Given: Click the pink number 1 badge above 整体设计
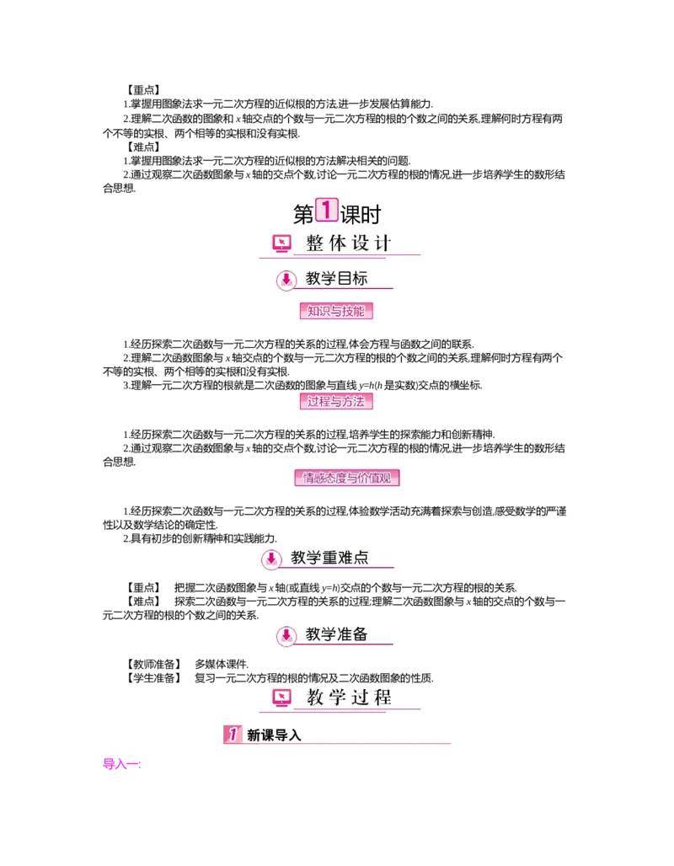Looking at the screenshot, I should pyautogui.click(x=326, y=211).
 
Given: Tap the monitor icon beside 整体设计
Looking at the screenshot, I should pyautogui.click(x=281, y=243).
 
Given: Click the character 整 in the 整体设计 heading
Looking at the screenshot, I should pyautogui.click(x=315, y=243).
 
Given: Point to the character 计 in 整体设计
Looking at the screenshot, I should pyautogui.click(x=382, y=243).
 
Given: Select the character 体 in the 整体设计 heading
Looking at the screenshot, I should pyautogui.click(x=337, y=243).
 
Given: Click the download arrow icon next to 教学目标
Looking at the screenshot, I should pyautogui.click(x=286, y=280).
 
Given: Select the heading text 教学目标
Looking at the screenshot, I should pyautogui.click(x=336, y=279).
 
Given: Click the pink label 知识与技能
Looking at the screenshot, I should pyautogui.click(x=336, y=311).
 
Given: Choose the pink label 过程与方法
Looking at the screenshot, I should pyautogui.click(x=336, y=402).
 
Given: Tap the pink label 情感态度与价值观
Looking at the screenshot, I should pyautogui.click(x=346, y=478).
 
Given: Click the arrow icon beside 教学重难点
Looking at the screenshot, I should pyautogui.click(x=271, y=559).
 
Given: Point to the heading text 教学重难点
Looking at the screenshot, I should pyautogui.click(x=329, y=558).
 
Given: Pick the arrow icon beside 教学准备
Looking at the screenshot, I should pyautogui.click(x=286, y=635).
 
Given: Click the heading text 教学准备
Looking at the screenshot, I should pyautogui.click(x=336, y=634).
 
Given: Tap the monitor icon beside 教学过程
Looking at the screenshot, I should pyautogui.click(x=281, y=698).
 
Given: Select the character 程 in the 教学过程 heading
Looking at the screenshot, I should pyautogui.click(x=382, y=698).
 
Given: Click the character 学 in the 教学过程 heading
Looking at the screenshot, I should pyautogui.click(x=337, y=698).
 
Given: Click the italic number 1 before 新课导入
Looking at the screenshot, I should pyautogui.click(x=233, y=735).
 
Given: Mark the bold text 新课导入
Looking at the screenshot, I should pyautogui.click(x=274, y=735).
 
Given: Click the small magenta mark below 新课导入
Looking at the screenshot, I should pyautogui.click(x=120, y=765).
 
